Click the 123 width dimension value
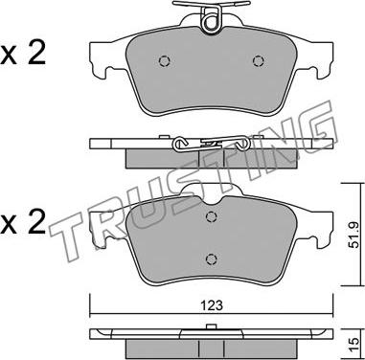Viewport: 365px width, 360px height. pos(212,305)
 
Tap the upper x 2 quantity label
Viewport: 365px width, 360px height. pos(23,54)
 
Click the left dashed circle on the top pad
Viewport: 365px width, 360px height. pos(165,61)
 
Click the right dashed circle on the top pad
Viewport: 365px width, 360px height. pos(258,60)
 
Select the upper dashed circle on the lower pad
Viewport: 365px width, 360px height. pos(211,217)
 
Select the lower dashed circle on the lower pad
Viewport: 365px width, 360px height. pos(211,259)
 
